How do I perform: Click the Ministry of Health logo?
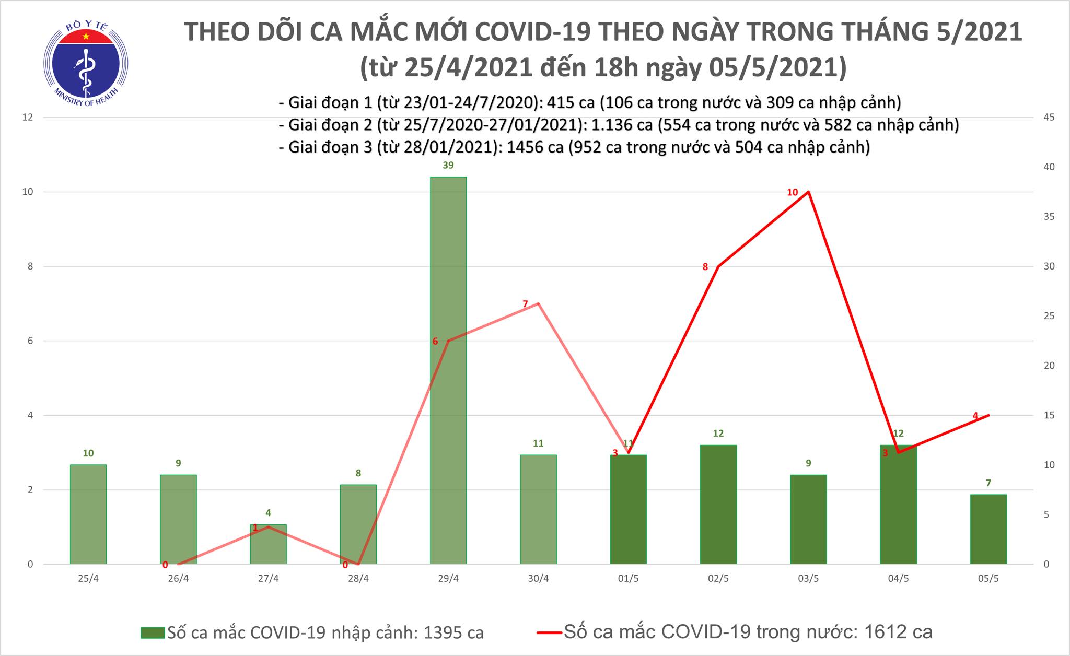(86, 62)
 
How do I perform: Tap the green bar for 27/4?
(269, 544)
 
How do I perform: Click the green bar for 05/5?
(988, 529)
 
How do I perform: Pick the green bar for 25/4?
(88, 514)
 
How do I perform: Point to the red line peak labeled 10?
(808, 192)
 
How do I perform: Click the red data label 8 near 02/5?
(705, 267)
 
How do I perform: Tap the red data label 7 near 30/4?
(525, 304)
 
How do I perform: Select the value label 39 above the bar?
(448, 166)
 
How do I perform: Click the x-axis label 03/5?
(808, 579)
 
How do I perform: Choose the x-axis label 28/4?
(358, 579)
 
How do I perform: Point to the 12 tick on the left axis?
(28, 117)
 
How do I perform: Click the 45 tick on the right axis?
(1049, 117)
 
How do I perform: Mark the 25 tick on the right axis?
(1049, 316)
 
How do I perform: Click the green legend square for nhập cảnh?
(153, 633)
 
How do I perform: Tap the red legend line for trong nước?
(549, 633)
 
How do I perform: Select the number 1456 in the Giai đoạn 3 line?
(527, 147)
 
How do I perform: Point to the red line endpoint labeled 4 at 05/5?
(988, 415)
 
